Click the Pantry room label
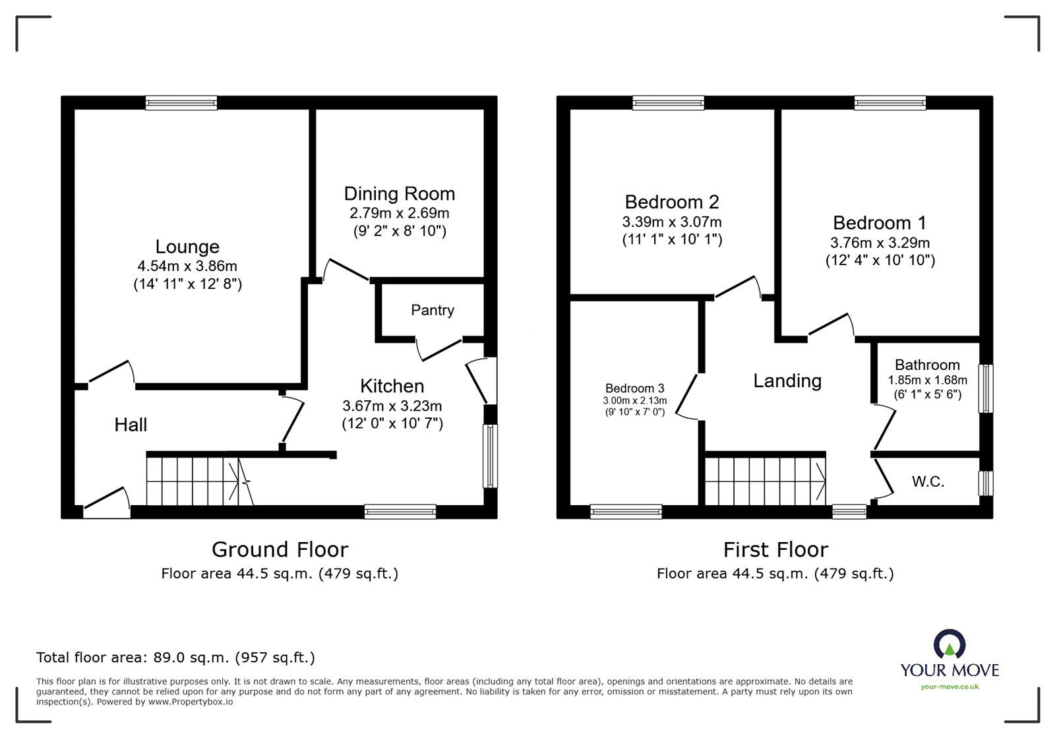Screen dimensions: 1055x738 tap(433, 310)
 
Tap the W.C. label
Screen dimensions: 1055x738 tap(928, 481)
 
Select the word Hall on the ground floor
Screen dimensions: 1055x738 tap(131, 425)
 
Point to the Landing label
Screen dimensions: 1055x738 tap(787, 381)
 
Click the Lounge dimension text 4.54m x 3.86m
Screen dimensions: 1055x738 tap(187, 266)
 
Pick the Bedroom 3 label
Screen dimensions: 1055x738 tap(635, 388)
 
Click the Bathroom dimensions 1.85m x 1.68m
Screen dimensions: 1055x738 tap(927, 380)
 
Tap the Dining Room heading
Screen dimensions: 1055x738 tap(400, 193)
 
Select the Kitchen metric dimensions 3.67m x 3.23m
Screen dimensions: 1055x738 tap(392, 406)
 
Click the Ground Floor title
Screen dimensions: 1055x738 tap(280, 549)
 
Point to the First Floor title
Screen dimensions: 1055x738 tap(775, 549)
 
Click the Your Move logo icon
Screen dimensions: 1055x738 tap(950, 643)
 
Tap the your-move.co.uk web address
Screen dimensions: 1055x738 tap(950, 687)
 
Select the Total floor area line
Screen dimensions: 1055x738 tap(175, 657)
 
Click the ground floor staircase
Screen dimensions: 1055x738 tap(200, 481)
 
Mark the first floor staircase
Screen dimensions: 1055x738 tap(766, 481)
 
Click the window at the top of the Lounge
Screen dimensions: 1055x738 tap(181, 103)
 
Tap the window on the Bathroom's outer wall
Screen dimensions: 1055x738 tap(986, 388)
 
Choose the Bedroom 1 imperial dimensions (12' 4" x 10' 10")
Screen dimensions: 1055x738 tap(880, 261)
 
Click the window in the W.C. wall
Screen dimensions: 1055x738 tap(986, 483)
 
